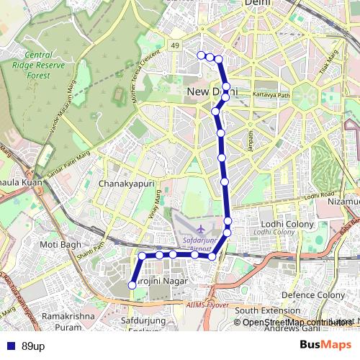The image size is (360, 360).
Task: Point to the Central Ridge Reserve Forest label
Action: (47, 66)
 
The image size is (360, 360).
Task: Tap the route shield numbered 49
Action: (175, 46)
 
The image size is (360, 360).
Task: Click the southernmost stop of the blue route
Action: (132, 285)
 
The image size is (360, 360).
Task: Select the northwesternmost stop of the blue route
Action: (201, 55)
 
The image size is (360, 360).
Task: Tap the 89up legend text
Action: (33, 346)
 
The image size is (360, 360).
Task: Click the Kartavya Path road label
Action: (271, 95)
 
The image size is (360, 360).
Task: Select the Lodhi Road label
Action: (320, 195)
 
